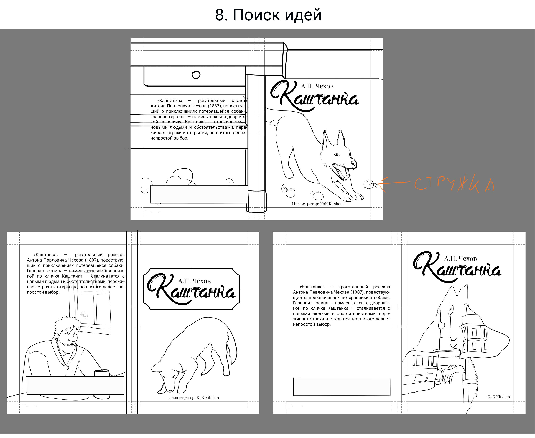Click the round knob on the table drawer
(x=196, y=75)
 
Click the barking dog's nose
(x=354, y=163)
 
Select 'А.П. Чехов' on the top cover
(x=317, y=86)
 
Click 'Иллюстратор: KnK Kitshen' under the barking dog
(x=317, y=204)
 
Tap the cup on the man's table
(x=101, y=373)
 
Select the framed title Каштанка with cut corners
(x=191, y=289)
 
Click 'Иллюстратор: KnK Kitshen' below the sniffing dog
(x=193, y=398)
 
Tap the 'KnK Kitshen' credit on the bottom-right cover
(x=498, y=397)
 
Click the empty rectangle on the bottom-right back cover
(x=341, y=387)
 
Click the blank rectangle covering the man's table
(x=75, y=385)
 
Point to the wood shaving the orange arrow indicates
(x=368, y=184)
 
